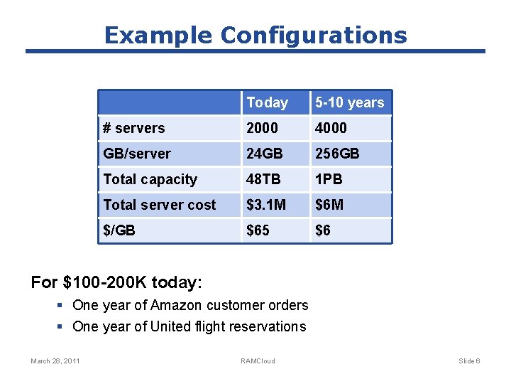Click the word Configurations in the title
(x=314, y=35)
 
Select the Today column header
(x=267, y=102)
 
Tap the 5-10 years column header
(x=349, y=102)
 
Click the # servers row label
(x=133, y=128)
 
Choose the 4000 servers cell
(x=331, y=128)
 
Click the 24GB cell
(x=264, y=154)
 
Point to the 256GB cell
(x=337, y=154)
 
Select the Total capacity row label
(x=150, y=179)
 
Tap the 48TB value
(x=263, y=179)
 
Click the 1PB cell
(x=329, y=179)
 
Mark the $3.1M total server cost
(x=266, y=205)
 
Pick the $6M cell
(x=329, y=205)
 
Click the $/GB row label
(x=119, y=230)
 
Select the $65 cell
(x=258, y=230)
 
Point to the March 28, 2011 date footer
(x=55, y=361)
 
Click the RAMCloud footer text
(x=258, y=361)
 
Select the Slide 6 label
(x=469, y=361)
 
